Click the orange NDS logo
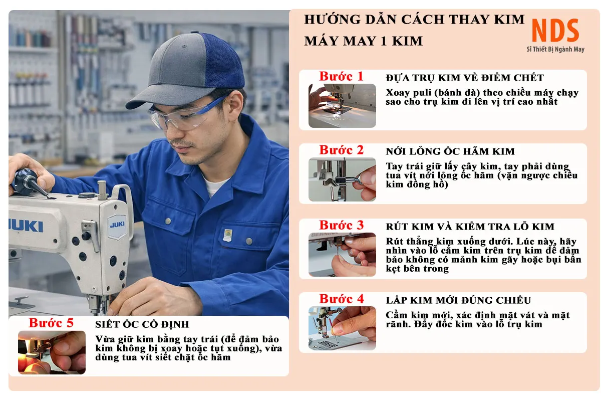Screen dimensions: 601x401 (555, 31)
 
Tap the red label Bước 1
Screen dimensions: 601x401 (341, 76)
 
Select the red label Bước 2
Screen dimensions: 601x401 (341, 150)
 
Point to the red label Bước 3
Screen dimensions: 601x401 (341, 225)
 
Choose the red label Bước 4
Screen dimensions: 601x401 (341, 299)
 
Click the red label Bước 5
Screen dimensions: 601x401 (51, 323)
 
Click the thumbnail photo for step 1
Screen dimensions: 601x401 (342, 106)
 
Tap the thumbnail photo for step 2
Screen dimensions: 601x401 (342, 179)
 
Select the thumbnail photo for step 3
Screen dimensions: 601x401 (342, 254)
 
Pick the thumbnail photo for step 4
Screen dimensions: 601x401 (342, 328)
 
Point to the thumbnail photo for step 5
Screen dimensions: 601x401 (52, 352)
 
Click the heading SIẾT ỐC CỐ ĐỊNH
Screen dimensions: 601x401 (142, 324)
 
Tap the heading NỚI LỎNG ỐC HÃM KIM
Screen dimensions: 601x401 (450, 151)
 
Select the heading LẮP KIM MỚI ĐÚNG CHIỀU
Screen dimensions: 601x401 (458, 300)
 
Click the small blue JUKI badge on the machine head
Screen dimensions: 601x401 (117, 226)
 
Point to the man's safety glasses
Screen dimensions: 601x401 (186, 115)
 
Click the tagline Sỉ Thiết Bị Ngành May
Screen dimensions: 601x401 (555, 49)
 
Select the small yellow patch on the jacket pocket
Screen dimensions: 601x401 (228, 235)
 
